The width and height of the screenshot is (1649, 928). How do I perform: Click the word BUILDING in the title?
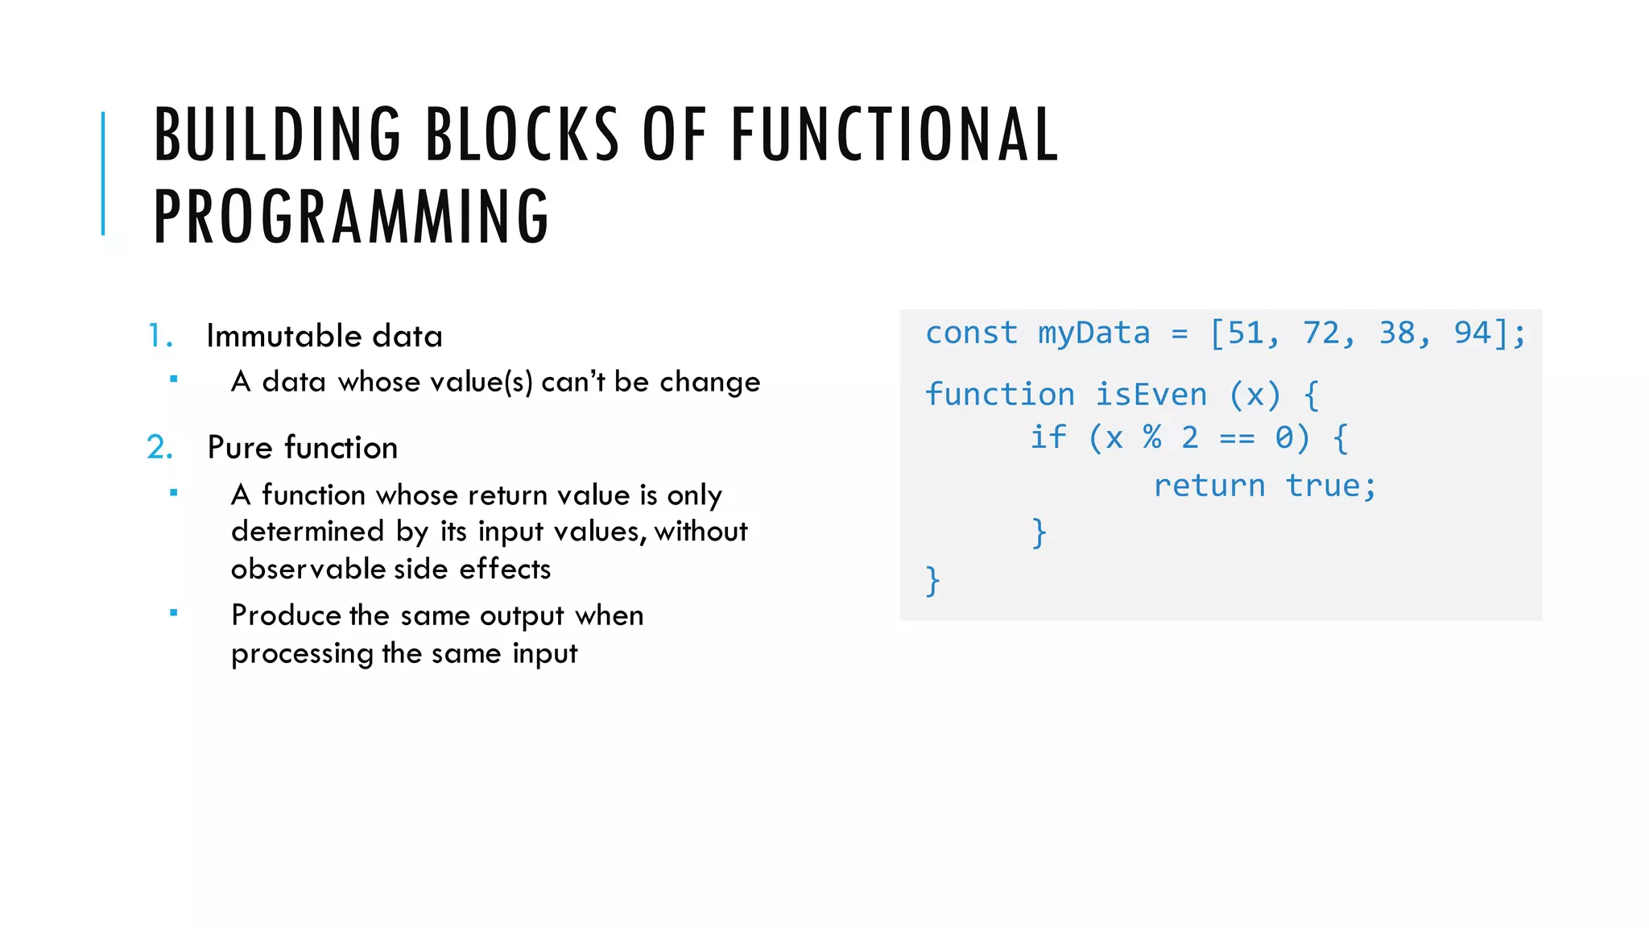pos(277,135)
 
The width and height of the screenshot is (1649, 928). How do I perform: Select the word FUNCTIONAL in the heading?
pos(894,135)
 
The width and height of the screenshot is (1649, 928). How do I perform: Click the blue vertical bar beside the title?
pos(103,173)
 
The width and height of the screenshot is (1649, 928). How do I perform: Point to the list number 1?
pos(159,336)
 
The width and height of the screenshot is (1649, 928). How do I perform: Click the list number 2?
pos(159,448)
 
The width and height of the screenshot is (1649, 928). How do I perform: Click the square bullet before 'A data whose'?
pos(173,379)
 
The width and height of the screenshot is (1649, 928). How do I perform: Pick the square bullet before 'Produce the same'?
pos(173,613)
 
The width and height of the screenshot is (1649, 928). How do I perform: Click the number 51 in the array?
pos(1245,333)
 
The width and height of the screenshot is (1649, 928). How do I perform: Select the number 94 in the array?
pos(1472,333)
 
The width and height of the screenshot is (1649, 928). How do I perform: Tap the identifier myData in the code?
pos(1093,333)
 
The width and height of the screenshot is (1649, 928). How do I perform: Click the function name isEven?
pos(1151,395)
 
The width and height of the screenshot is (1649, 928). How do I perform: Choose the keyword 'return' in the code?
pos(1209,486)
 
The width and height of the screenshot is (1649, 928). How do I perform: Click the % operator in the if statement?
pos(1152,437)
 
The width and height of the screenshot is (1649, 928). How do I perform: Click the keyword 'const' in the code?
pos(971,333)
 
